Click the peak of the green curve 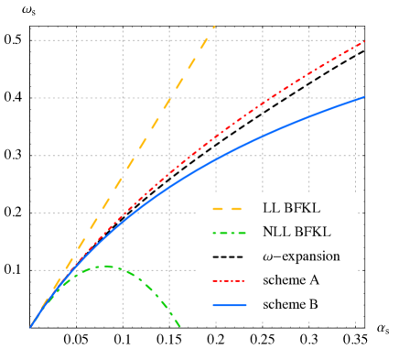point(107,267)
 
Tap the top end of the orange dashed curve point(214,27)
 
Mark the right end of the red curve point(364,41)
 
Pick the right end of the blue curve point(364,96)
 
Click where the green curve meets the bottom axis point(180,326)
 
